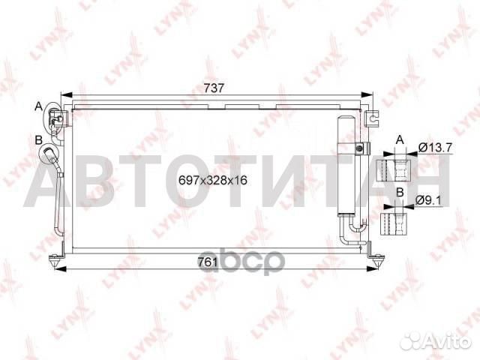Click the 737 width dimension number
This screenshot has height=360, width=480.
coord(216,88)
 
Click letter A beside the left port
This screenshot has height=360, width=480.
coord(38,107)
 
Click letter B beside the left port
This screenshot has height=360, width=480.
coord(38,139)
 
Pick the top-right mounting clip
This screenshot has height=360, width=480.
coord(372,116)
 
